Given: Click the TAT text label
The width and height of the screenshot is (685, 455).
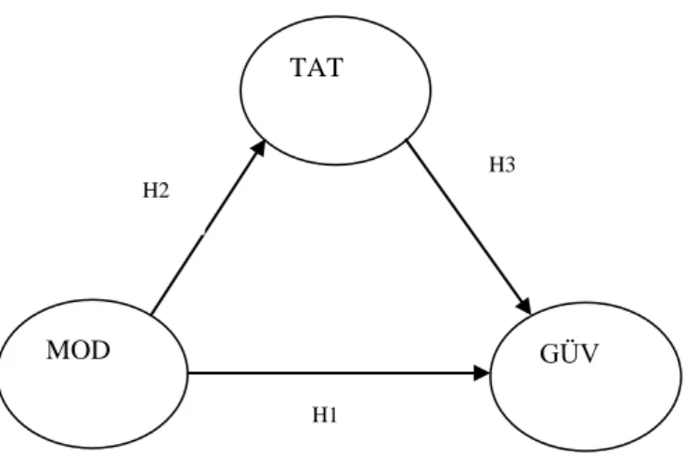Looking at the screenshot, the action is click(x=317, y=68).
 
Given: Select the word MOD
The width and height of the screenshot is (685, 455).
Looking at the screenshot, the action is click(x=78, y=351).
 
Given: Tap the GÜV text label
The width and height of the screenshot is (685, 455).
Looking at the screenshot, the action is click(x=569, y=354).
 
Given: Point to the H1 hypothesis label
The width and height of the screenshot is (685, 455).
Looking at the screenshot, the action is click(x=325, y=414).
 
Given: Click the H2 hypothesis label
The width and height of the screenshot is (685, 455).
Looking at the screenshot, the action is click(x=156, y=190).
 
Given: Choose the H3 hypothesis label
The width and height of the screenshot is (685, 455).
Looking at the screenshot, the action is click(x=502, y=164).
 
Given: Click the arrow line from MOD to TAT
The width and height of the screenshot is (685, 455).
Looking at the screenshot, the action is click(x=209, y=227).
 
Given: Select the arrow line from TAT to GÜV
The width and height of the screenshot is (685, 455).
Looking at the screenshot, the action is click(x=469, y=227).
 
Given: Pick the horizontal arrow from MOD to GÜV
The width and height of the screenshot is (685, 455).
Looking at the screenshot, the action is click(x=339, y=373).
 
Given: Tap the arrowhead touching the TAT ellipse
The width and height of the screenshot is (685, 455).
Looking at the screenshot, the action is click(x=259, y=148).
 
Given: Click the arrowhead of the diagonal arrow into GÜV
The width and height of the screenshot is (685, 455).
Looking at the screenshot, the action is click(x=524, y=305).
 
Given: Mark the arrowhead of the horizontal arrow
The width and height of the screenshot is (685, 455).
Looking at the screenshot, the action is click(x=482, y=373).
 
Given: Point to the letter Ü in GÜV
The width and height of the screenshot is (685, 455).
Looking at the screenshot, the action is click(x=569, y=353).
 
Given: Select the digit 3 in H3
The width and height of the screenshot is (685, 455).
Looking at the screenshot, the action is click(x=510, y=164).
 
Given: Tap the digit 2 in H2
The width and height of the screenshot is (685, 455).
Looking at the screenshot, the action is click(x=163, y=190).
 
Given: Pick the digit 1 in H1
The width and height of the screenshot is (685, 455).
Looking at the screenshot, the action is click(x=332, y=414).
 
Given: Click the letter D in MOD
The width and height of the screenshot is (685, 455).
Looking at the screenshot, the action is click(x=100, y=351).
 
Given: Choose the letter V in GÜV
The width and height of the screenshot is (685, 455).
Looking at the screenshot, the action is click(x=588, y=355).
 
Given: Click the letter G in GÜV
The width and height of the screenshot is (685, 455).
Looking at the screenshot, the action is click(x=549, y=354).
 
